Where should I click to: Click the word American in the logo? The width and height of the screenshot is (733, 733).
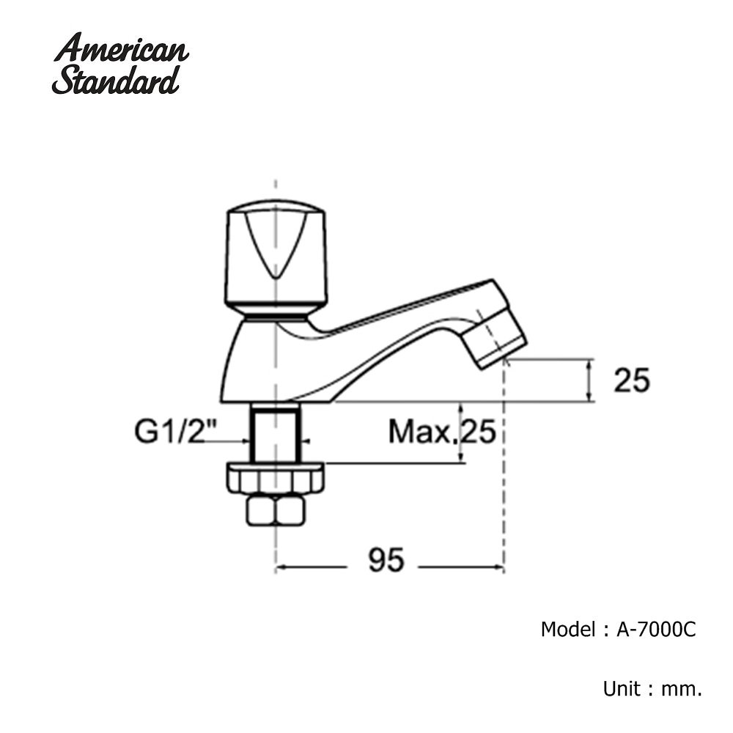pos(121,48)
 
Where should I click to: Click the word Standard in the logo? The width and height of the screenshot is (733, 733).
pos(116,80)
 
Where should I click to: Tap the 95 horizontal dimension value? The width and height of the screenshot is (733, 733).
pos(386,559)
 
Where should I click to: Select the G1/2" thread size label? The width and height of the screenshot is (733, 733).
pos(171,431)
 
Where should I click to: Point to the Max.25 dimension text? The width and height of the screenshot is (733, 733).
pos(442,431)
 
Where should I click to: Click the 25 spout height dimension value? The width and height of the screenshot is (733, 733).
pos(632,380)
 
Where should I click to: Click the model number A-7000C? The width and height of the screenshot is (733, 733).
pos(656,630)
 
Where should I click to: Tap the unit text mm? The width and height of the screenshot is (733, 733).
pos(682,690)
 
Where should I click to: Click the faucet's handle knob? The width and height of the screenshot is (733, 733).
pos(276,259)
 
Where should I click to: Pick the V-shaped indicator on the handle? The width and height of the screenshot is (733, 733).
pos(276,246)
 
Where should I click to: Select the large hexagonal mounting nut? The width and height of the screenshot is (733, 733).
pos(276,478)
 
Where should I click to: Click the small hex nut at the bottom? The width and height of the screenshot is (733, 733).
pos(276,511)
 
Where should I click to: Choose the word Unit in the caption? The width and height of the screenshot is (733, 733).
pos(622,690)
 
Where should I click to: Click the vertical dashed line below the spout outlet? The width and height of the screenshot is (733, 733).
pos(504,465)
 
